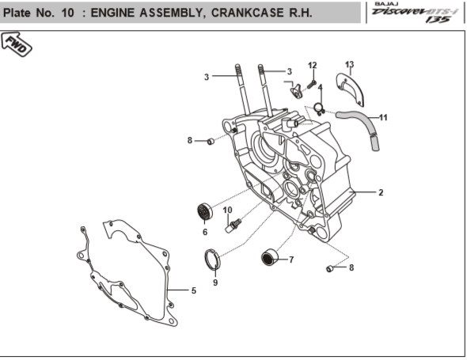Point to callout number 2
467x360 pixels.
(x=380, y=192)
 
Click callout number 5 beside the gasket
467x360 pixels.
(x=193, y=290)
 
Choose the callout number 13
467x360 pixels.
(x=349, y=64)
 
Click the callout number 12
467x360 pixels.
(x=312, y=65)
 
